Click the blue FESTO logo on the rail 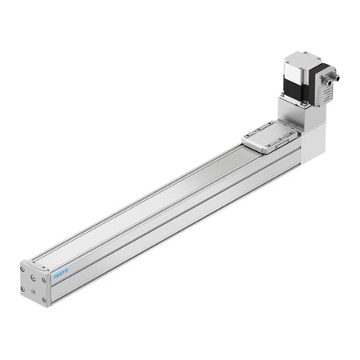[62, 274]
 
